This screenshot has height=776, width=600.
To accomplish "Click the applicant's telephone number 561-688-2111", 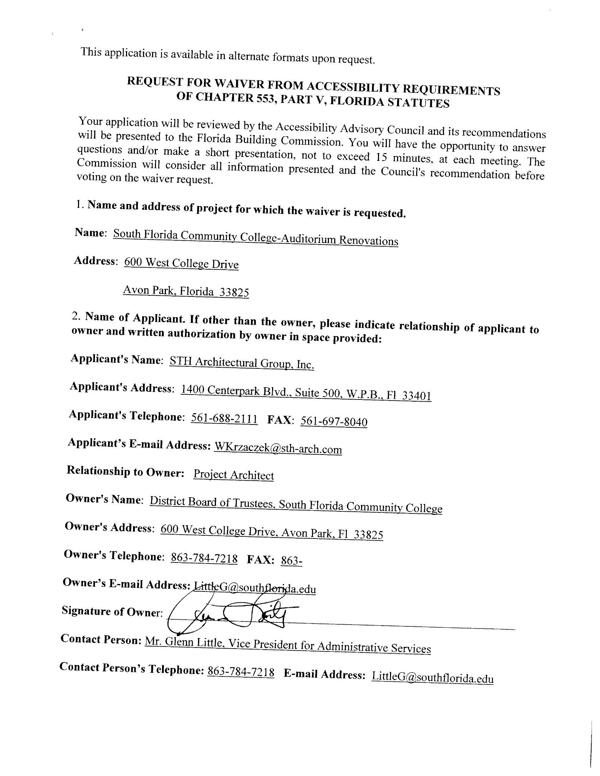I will coord(224,418).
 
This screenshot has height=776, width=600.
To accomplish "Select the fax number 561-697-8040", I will coord(334,421).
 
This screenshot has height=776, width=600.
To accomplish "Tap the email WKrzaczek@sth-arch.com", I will coord(278,449).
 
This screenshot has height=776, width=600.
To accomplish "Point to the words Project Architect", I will coord(234,475).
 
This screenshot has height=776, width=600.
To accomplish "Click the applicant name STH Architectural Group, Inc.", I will coord(242,363).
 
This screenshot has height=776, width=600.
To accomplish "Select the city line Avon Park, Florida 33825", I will coord(186,291).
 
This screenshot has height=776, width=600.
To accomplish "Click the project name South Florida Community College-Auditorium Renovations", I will coord(256,238).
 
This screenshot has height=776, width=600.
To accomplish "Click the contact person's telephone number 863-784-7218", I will coord(241,672).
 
